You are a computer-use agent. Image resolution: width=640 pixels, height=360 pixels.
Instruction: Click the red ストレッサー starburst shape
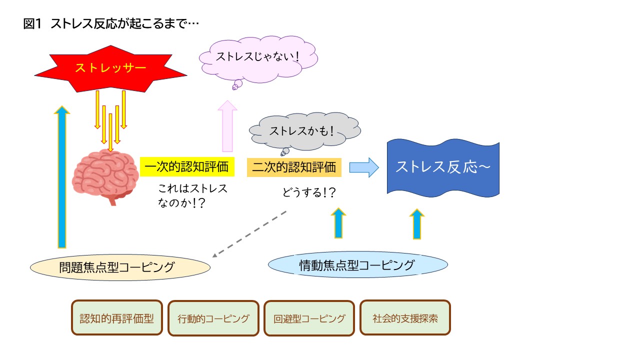click(x=110, y=68)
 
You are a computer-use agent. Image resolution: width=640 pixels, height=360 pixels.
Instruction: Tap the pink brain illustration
click(x=105, y=177)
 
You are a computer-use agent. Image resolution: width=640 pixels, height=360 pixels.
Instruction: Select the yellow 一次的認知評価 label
click(x=187, y=167)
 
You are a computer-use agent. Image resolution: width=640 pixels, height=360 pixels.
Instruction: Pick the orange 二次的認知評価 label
click(x=294, y=167)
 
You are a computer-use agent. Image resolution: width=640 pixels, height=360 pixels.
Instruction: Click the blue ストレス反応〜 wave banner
click(x=443, y=168)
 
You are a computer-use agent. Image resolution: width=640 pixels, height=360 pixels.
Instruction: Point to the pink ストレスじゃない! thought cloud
click(x=258, y=59)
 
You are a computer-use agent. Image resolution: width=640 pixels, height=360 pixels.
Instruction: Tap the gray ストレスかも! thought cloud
click(x=304, y=131)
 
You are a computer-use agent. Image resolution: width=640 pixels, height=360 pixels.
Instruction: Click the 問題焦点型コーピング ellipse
click(x=120, y=267)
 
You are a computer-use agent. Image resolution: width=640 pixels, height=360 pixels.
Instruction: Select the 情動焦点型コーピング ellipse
click(x=357, y=265)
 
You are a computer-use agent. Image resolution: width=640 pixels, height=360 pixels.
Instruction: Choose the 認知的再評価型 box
click(x=117, y=317)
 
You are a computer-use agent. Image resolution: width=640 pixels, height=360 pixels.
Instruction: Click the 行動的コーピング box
click(x=213, y=318)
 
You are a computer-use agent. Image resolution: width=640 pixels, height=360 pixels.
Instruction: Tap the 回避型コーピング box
click(x=309, y=318)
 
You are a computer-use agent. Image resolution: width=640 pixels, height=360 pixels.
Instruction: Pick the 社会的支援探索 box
click(x=405, y=317)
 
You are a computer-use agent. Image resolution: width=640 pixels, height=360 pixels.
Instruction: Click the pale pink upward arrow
click(x=227, y=126)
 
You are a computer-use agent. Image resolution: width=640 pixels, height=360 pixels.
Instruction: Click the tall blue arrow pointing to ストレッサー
click(x=62, y=177)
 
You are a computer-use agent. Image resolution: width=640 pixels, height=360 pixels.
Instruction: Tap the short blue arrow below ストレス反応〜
click(x=417, y=224)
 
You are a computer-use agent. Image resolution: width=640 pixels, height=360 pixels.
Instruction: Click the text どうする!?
click(x=309, y=192)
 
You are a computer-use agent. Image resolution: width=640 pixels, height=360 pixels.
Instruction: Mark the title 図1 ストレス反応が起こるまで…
click(x=111, y=23)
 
